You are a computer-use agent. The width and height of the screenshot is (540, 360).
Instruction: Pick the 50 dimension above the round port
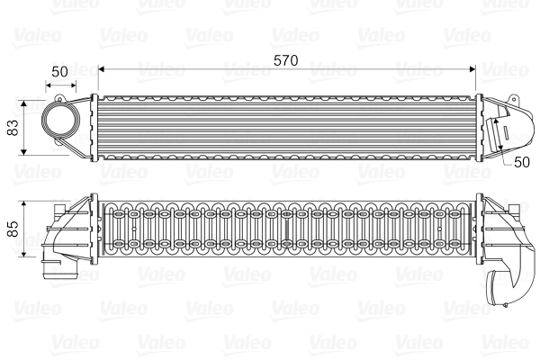coord(59,70)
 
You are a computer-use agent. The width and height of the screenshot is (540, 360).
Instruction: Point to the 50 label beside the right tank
coord(520,162)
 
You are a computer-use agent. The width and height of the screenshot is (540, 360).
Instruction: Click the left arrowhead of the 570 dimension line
coord(101,68)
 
